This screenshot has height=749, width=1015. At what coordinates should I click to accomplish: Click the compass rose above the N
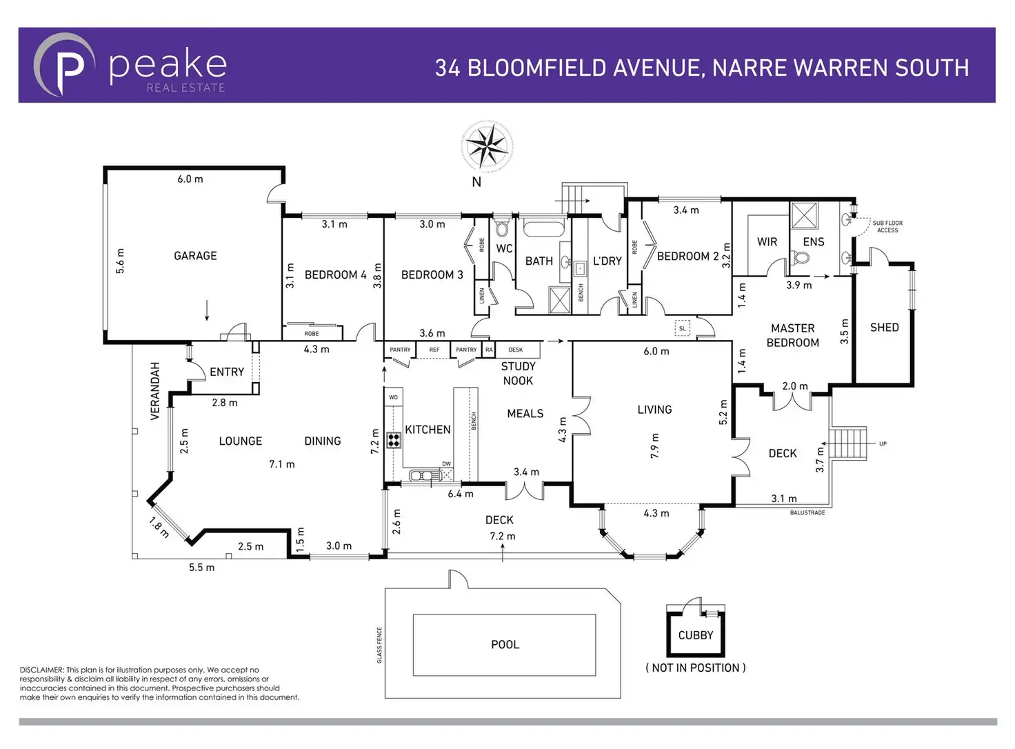coord(487,146)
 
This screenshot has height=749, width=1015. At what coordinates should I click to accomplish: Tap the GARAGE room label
coord(195,256)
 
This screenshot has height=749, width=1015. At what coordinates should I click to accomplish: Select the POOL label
coord(505,645)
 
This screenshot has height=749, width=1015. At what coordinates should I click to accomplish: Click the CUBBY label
coord(695,635)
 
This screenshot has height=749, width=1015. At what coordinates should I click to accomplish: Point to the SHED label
coord(884,328)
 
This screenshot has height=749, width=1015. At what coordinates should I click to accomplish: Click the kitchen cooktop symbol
coord(394,439)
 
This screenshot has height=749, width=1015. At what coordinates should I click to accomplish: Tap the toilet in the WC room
coord(502,228)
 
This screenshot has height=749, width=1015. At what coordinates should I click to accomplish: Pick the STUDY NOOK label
coord(518,373)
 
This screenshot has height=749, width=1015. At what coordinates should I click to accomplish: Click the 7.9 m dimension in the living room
coord(654,446)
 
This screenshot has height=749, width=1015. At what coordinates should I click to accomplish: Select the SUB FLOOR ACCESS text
coord(887,226)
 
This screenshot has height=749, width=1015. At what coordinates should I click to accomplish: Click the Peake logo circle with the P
coord(64,65)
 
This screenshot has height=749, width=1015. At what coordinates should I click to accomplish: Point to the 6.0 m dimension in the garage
coord(190,179)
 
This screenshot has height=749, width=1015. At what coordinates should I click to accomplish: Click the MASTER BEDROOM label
coord(793,335)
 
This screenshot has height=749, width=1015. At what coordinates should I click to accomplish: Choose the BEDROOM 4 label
coord(335,274)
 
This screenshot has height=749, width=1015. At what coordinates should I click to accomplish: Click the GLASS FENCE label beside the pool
coord(379,645)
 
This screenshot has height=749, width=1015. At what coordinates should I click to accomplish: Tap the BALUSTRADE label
coord(807,513)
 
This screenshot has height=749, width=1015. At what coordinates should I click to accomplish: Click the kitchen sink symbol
coord(421,475)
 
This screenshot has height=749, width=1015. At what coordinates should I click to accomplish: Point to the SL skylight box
coord(682,328)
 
